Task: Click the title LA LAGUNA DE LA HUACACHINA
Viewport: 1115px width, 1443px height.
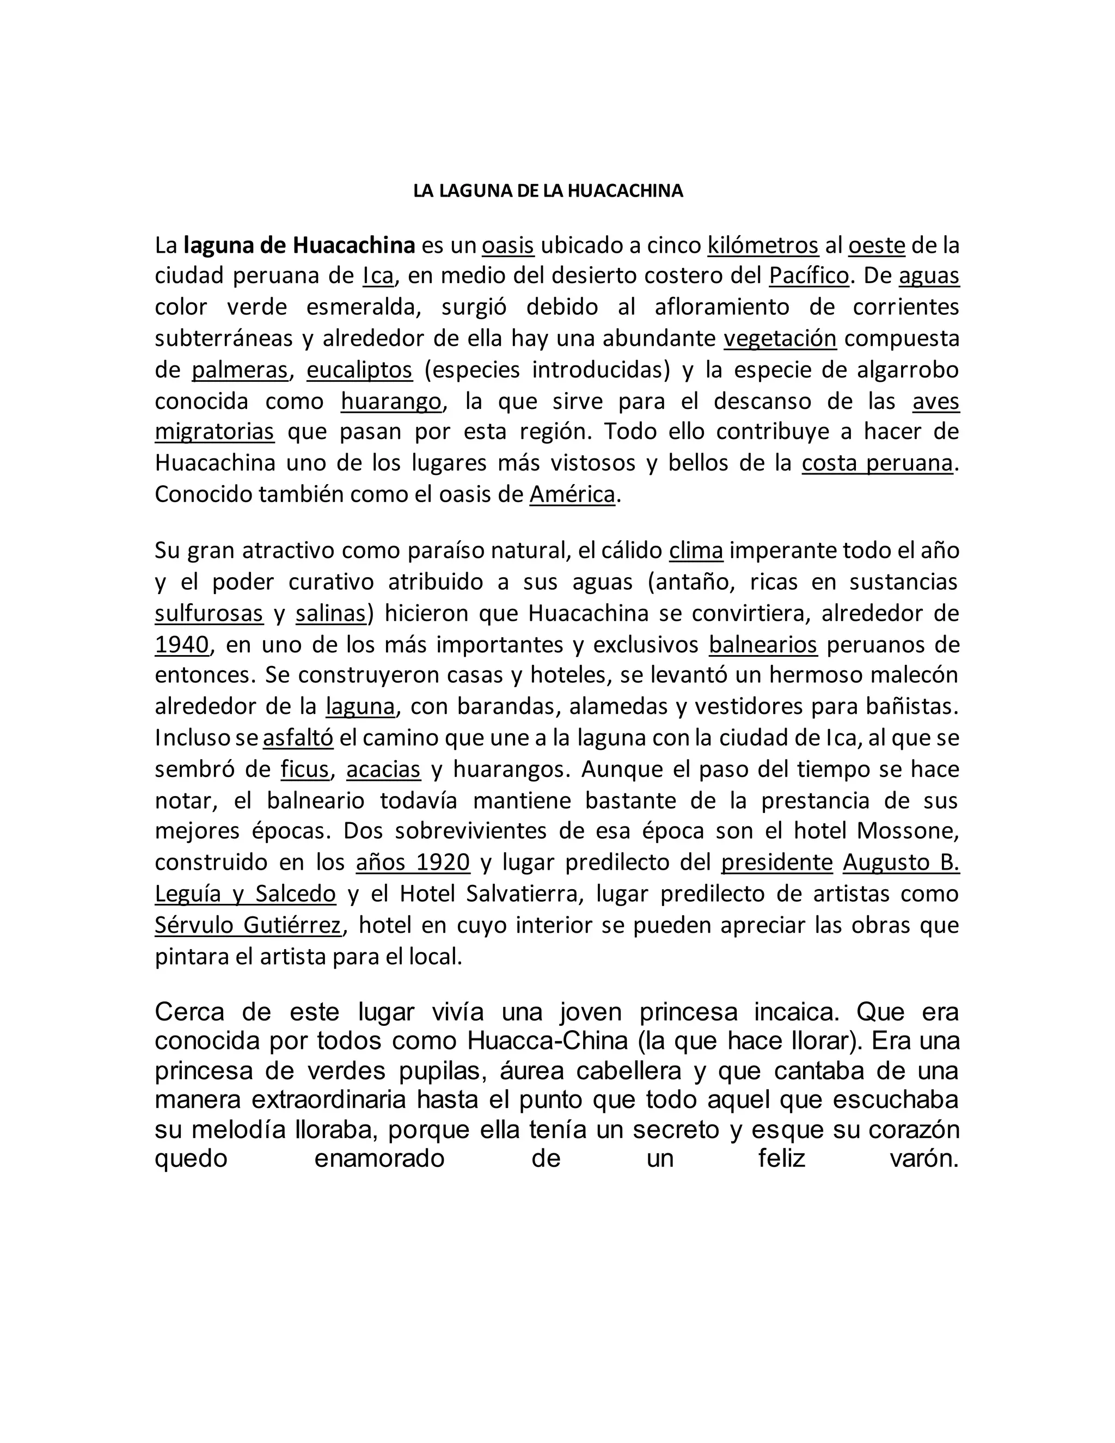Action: [548, 191]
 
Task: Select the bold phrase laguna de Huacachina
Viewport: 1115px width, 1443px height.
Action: [299, 246]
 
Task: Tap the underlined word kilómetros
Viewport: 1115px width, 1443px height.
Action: [763, 246]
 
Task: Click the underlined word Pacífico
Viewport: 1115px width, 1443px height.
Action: [808, 276]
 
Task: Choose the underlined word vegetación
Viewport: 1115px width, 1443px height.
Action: [780, 338]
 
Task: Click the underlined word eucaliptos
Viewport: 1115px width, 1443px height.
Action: [359, 370]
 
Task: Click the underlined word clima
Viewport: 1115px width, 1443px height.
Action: [696, 551]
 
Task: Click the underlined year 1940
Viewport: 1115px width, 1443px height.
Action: [182, 645]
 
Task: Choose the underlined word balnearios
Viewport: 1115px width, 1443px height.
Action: [763, 645]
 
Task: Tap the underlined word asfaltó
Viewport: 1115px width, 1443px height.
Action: [298, 738]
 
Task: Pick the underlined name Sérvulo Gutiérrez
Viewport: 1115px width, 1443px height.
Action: [248, 925]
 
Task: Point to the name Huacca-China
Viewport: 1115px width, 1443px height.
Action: [548, 1041]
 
